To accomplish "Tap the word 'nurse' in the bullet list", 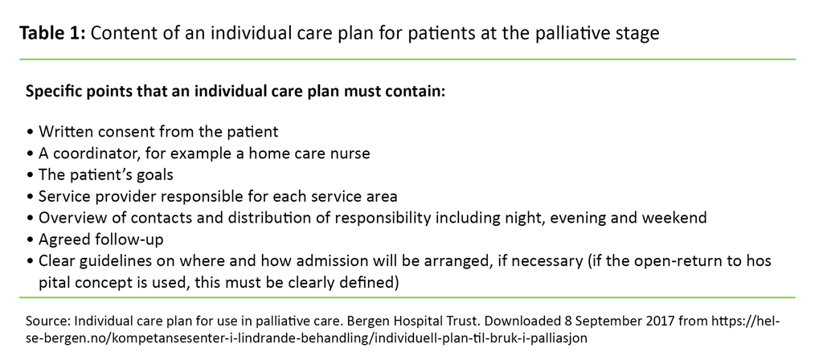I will pyautogui.click(x=351, y=153).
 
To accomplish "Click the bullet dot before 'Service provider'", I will pyautogui.click(x=30, y=197).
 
